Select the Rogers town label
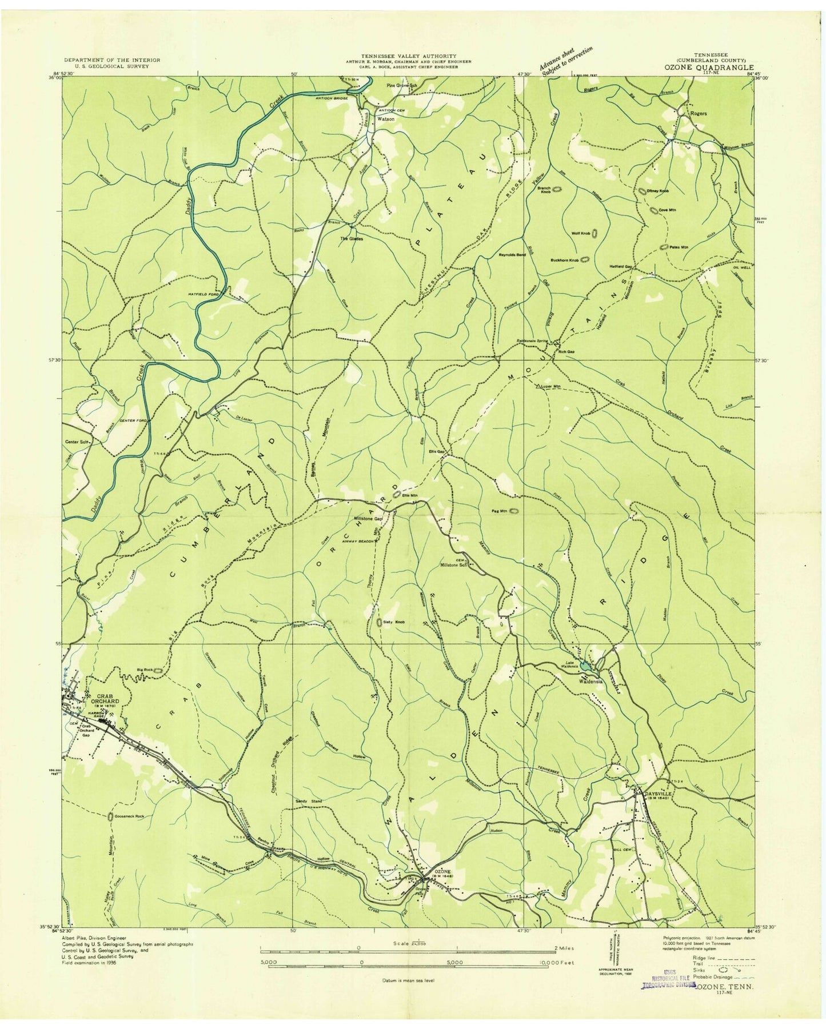tap(699, 113)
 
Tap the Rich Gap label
tap(566, 351)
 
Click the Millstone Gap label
tap(368, 519)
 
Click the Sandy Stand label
tap(309, 802)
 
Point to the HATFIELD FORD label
tap(205, 294)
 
